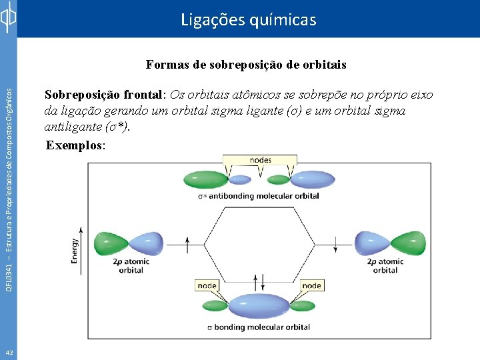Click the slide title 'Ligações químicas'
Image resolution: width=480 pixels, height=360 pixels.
pos(249,20)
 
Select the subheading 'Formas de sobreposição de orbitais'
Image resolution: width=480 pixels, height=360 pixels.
pos(246,65)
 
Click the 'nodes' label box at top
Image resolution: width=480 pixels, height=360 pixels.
pos(260,160)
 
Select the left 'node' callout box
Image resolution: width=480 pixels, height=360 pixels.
pos(207,285)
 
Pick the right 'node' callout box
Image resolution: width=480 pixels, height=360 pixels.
pos(311,285)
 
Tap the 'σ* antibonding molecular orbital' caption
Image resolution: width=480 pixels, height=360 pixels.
pos(263,196)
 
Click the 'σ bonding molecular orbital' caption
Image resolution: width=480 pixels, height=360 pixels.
pos(259,327)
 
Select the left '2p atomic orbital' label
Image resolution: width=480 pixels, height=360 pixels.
pos(131,265)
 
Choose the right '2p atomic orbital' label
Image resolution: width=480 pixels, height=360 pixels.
pos(385,265)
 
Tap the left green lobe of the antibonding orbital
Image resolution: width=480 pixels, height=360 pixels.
pos(205,179)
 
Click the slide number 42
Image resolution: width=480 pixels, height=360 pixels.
pos(9,352)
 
